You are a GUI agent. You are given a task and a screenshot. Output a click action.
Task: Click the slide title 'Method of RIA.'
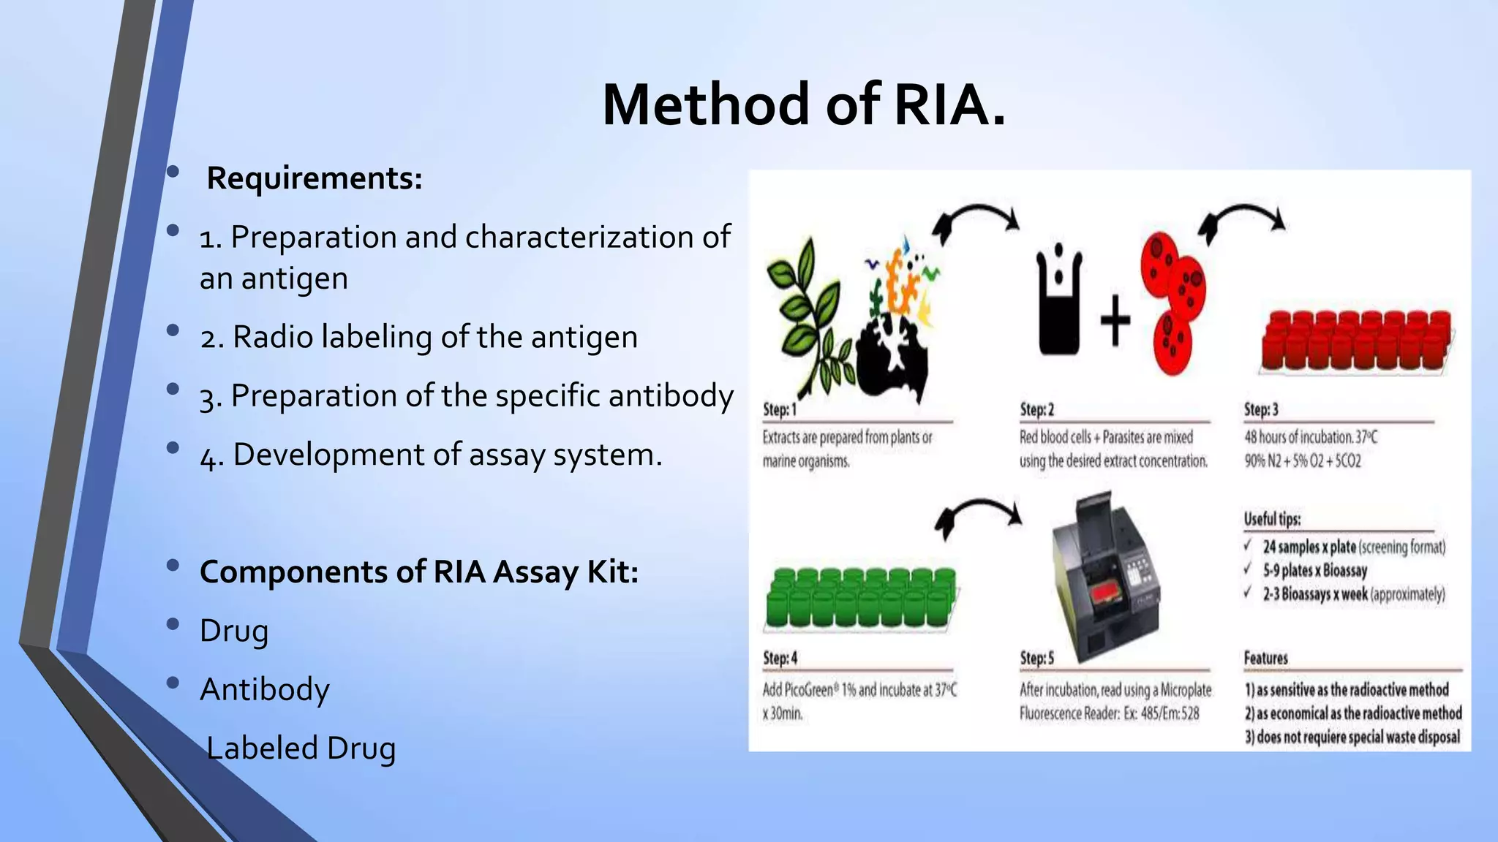point(803,105)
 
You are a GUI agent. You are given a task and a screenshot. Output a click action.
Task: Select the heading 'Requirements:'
point(315,178)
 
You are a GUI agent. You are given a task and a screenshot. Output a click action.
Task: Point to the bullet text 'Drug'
point(234,631)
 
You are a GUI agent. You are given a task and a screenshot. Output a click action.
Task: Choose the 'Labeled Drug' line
point(301,748)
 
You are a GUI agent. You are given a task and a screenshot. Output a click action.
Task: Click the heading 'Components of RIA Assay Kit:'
point(419,572)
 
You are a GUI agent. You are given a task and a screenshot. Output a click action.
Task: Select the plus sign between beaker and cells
point(1115,320)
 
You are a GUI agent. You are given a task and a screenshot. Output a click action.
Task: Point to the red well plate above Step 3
point(1356,341)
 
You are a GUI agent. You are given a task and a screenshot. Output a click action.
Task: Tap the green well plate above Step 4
point(861,598)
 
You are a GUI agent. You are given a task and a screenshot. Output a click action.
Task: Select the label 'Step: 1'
point(779,410)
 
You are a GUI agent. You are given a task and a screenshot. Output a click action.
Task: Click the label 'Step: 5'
point(1036,659)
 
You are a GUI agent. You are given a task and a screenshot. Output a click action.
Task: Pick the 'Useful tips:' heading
point(1272,520)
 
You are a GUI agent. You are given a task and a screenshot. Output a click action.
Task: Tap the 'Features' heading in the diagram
point(1265,659)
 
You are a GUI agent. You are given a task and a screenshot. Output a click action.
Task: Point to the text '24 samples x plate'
point(1309,547)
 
